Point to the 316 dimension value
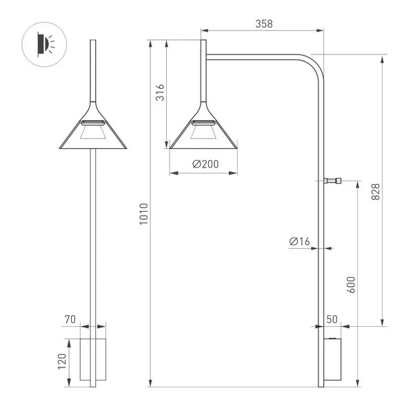point(159,93)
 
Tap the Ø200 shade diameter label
point(203,164)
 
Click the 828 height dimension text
point(375,191)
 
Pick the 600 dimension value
point(351,285)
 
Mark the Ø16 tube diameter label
point(300,241)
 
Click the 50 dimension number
point(332,320)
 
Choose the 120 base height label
point(63,361)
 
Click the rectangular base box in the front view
point(92,358)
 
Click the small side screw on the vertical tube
point(334,181)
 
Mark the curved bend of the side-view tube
point(314,65)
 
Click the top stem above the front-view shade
point(92,69)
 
